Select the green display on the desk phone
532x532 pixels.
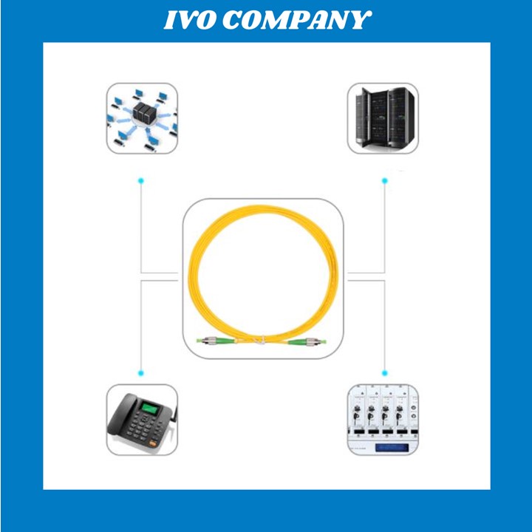152,407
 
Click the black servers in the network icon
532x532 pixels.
142,113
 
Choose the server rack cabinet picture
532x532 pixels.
383,117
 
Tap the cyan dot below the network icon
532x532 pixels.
140,180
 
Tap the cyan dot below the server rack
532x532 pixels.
384,180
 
